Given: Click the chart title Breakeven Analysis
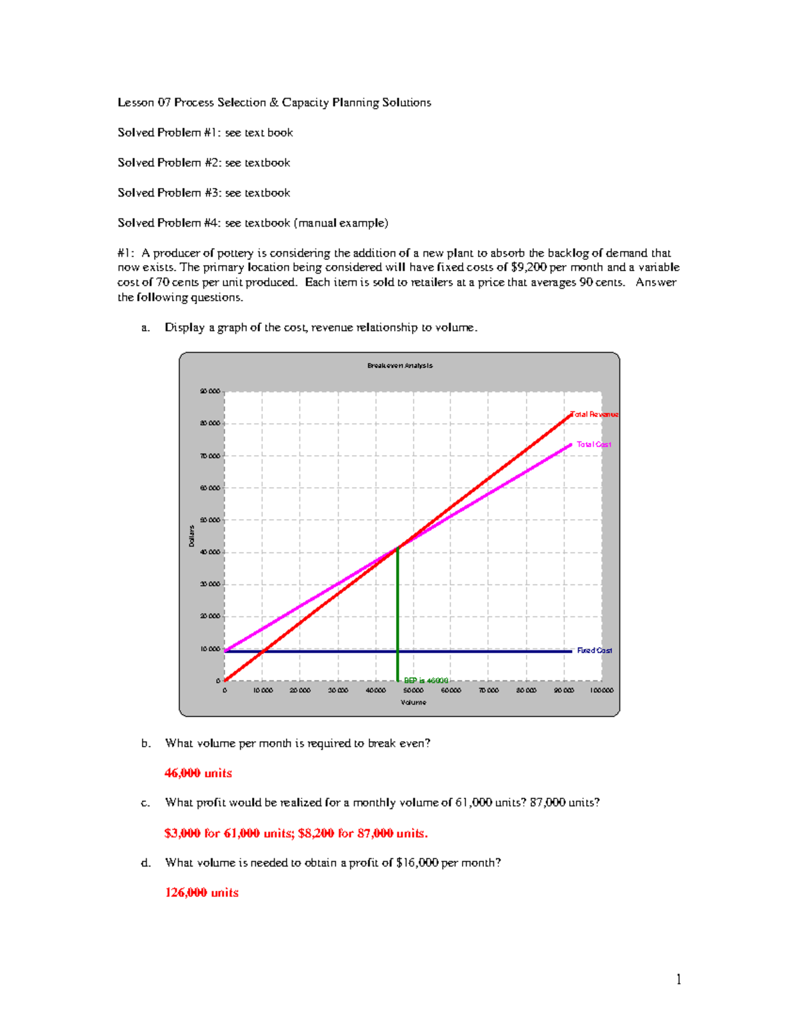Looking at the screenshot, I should tap(399, 365).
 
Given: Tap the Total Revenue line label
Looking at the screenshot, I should tap(595, 415).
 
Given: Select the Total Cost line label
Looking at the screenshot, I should tap(593, 445).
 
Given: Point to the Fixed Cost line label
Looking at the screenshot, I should tap(594, 650).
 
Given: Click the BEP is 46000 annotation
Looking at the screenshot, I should tap(426, 680).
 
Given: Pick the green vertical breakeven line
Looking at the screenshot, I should tap(398, 613).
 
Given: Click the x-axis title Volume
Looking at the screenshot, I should tap(413, 702).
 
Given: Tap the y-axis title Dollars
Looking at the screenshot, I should tap(191, 536).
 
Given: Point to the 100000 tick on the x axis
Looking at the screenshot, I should tap(601, 690).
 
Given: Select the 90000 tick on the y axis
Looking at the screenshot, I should tap(210, 391).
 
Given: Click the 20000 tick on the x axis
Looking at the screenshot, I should tap(300, 690).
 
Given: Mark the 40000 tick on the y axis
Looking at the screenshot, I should tap(210, 552).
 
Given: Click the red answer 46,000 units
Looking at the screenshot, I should tap(198, 773).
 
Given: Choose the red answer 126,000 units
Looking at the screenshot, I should tap(201, 892).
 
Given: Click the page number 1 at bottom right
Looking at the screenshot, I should tap(679, 979).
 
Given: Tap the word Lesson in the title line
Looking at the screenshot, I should tap(136, 103).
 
